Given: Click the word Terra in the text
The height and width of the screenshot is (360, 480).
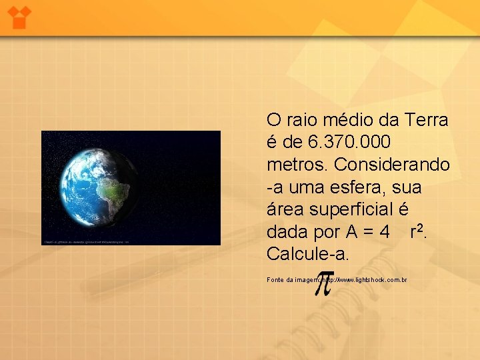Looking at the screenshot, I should pos(424,121).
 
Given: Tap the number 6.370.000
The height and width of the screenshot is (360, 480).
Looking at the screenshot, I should pos(350,143).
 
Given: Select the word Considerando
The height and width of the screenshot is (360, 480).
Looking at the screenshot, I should pos(392,165).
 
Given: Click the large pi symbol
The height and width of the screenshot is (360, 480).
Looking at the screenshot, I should pos(323,283).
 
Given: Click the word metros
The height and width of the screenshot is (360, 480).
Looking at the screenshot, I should pos(297,165).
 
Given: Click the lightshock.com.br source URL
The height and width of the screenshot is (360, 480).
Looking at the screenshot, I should pos(370,280).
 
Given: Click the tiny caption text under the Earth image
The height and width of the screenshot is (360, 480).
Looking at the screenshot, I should pos(87,242).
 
